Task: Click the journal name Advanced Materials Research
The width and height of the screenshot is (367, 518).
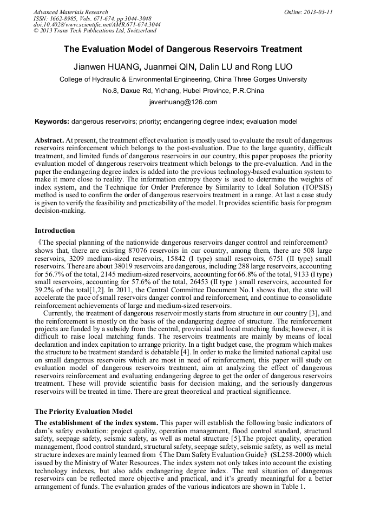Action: tap(71, 12)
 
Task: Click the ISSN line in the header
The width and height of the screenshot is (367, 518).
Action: tap(89, 18)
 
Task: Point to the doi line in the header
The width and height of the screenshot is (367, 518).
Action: tap(97, 25)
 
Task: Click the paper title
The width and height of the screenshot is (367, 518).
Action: tap(183, 49)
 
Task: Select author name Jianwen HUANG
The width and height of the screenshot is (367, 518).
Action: tap(104, 67)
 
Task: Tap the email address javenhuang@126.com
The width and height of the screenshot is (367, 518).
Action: tap(183, 102)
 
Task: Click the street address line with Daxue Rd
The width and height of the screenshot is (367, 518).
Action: tap(183, 90)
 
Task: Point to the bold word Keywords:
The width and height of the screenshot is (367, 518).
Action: tap(52, 122)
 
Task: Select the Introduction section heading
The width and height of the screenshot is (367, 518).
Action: tap(55, 231)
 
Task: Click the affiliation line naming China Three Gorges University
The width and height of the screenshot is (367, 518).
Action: tap(183, 79)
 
